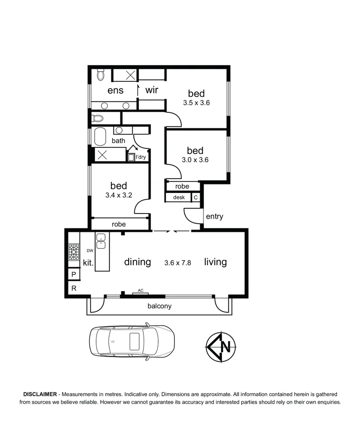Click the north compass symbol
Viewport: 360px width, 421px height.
(x=221, y=347)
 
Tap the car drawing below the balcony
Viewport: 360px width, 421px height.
(x=132, y=341)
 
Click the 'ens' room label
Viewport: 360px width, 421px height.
(x=116, y=90)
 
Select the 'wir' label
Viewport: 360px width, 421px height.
(x=152, y=90)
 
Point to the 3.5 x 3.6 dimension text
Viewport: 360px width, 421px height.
(x=197, y=103)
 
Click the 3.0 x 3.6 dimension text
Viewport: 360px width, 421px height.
(x=195, y=160)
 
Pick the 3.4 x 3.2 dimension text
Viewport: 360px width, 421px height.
(x=119, y=195)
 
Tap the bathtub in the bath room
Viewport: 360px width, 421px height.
(x=100, y=137)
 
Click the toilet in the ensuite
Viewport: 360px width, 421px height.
(x=100, y=74)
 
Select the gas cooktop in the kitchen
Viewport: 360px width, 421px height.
(x=74, y=252)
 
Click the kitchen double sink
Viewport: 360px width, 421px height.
(x=101, y=241)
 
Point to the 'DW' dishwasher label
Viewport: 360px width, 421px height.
(x=90, y=251)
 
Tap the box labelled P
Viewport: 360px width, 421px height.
(x=74, y=274)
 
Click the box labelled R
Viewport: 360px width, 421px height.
(x=74, y=288)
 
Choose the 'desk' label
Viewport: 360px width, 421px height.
(x=179, y=197)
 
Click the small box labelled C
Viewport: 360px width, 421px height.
(x=196, y=197)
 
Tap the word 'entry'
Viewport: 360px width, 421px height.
(x=214, y=217)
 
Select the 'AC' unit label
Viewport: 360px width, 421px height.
(x=140, y=290)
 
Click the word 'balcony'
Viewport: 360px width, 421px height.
(x=160, y=306)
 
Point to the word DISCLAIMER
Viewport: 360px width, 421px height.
(x=40, y=394)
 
